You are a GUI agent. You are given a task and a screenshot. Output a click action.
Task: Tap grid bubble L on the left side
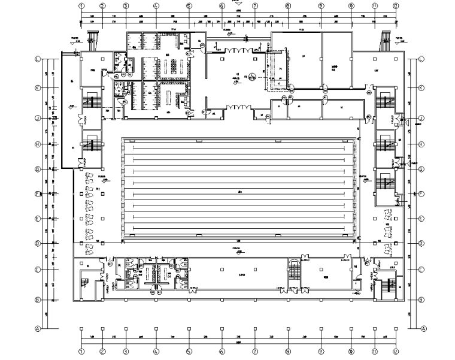38,59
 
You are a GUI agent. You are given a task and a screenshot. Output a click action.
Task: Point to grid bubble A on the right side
423,328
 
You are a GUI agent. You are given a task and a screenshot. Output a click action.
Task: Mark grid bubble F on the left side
38,193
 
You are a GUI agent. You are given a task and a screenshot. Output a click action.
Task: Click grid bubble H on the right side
421,144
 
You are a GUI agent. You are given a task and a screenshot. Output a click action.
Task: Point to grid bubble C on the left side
38,269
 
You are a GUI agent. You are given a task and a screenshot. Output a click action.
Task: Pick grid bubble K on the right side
421,87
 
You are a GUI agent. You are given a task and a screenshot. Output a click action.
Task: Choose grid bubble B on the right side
421,299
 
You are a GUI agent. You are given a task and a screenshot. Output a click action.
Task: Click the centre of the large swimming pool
239,191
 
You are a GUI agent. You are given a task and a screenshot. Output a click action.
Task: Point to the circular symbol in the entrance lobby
253,76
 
